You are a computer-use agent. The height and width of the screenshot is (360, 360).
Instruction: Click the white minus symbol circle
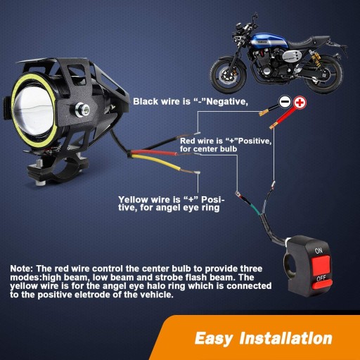tap(285, 102)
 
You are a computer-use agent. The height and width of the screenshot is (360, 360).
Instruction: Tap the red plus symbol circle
tap(300, 103)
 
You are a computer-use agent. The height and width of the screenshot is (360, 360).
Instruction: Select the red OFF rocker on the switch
tap(321, 284)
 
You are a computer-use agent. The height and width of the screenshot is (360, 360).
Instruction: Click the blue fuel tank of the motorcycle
tap(269, 41)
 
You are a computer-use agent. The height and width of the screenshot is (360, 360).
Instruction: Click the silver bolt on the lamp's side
tap(82, 110)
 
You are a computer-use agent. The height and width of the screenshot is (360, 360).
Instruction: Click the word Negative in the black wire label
tap(227, 102)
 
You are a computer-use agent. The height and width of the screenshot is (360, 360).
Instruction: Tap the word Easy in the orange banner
tap(214, 339)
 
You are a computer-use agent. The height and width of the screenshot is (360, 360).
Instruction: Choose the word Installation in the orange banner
tap(286, 338)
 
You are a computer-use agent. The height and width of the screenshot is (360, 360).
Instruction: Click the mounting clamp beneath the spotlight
tap(58, 170)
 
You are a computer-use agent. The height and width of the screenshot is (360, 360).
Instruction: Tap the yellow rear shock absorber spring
tap(316, 58)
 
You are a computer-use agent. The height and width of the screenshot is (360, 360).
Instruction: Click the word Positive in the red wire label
tap(255, 141)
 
